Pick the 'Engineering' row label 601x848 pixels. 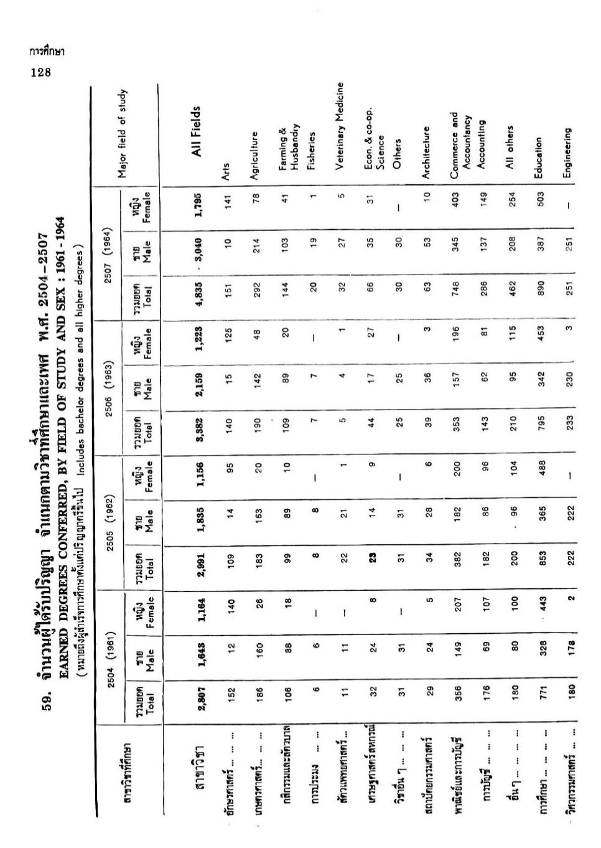(567, 153)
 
